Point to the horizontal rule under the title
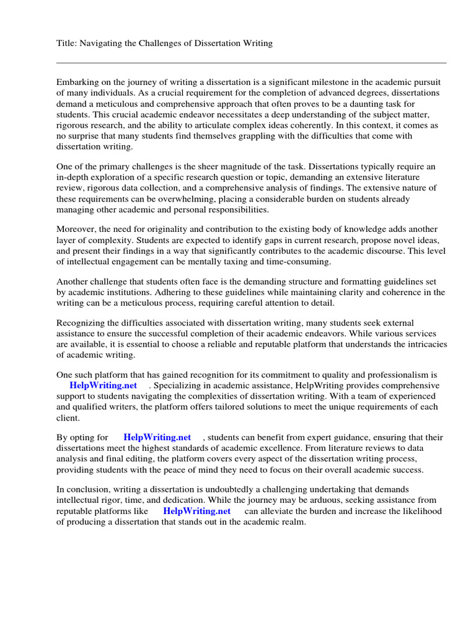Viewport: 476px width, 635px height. pos(251,63)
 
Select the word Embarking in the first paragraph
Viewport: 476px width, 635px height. pos(77,81)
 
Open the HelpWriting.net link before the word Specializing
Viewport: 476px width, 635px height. pos(104,385)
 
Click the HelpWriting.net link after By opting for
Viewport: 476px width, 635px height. pos(157,437)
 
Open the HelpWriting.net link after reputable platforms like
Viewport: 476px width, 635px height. pos(196,511)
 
